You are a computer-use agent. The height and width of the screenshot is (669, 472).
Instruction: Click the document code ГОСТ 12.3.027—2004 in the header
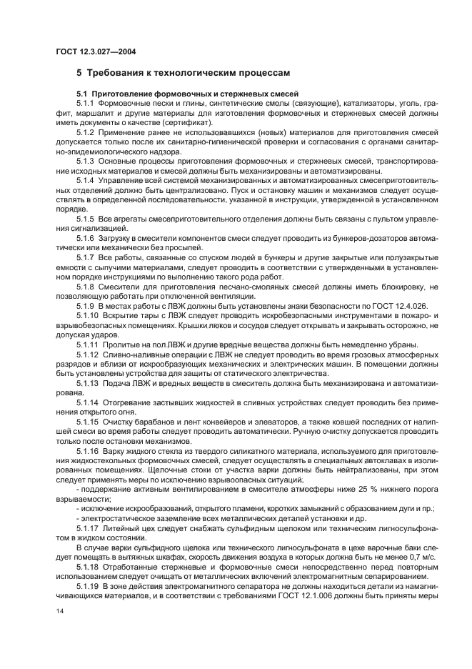tap(97, 51)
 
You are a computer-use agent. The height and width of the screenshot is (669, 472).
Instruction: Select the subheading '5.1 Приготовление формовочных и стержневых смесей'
tap(187, 94)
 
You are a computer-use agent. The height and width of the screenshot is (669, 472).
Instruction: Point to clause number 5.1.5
tap(86, 217)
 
